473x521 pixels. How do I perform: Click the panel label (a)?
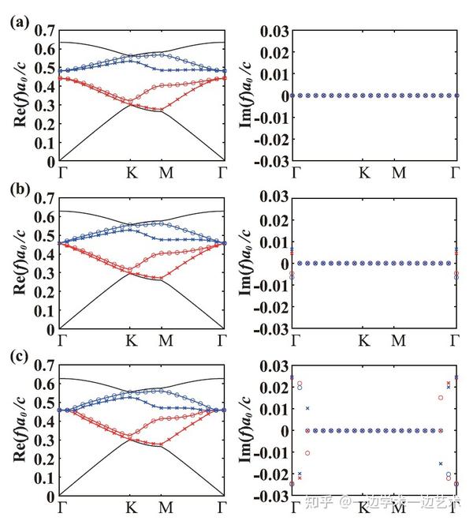pyautogui.click(x=18, y=23)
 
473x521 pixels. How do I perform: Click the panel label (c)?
pyautogui.click(x=18, y=358)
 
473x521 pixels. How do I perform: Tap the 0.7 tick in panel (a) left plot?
pyautogui.click(x=45, y=31)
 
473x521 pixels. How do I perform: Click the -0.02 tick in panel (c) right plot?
pyautogui.click(x=270, y=474)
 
